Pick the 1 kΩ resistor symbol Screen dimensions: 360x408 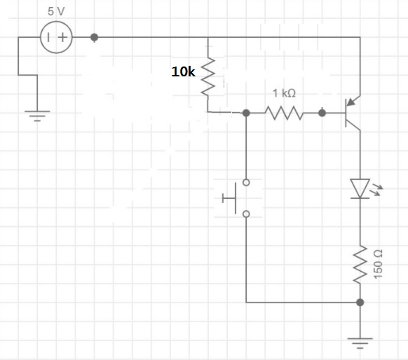point(283,112)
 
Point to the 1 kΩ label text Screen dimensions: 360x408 point(284,93)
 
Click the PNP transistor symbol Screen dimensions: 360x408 point(352,112)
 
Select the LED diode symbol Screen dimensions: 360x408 point(360,188)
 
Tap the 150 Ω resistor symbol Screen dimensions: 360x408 point(360,265)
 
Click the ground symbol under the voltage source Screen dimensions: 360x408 point(38,113)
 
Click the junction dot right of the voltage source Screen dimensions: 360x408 point(95,37)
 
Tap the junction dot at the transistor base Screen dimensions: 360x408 point(322,112)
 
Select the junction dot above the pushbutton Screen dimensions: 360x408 point(245,112)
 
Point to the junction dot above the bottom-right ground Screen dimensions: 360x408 point(360,303)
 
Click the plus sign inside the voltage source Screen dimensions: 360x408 point(63,38)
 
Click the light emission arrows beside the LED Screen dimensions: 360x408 point(379,188)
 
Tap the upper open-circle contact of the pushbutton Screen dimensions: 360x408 point(245,183)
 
